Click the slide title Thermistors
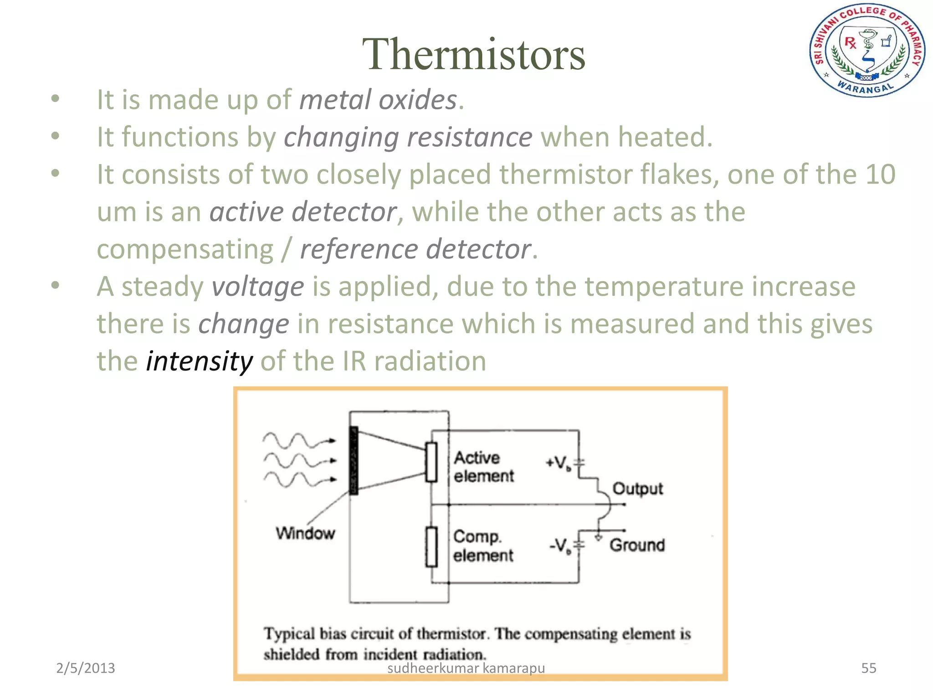pyautogui.click(x=473, y=54)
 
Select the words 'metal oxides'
pyautogui.click(x=378, y=100)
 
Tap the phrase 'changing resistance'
pyautogui.click(x=408, y=137)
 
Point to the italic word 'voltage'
pyautogui.click(x=258, y=287)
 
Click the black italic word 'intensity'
pyautogui.click(x=199, y=361)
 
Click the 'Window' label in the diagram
pyautogui.click(x=305, y=533)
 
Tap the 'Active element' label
pyautogui.click(x=483, y=467)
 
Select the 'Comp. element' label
pyautogui.click(x=483, y=546)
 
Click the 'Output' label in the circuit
pyautogui.click(x=637, y=489)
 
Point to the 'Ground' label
pyautogui.click(x=637, y=545)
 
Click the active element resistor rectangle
pyautogui.click(x=431, y=462)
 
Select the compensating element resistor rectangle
pyautogui.click(x=431, y=547)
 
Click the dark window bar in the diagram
pyautogui.click(x=354, y=460)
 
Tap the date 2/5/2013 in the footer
pyautogui.click(x=85, y=668)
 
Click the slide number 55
pyautogui.click(x=868, y=668)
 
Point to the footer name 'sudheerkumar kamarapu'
pyautogui.click(x=466, y=668)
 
